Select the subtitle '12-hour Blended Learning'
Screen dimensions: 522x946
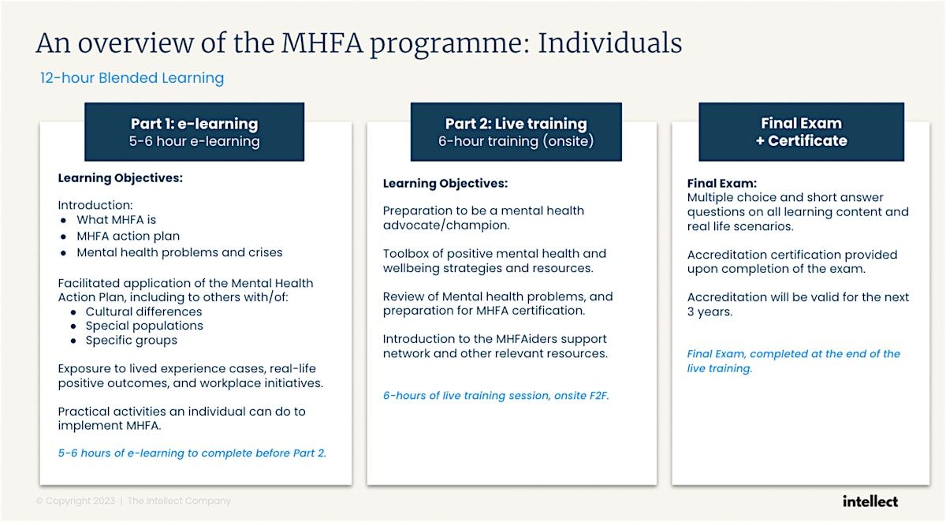(132, 78)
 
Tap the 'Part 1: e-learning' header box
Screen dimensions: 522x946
(194, 132)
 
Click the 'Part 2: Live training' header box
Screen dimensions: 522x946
(516, 132)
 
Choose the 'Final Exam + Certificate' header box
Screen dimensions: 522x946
(801, 132)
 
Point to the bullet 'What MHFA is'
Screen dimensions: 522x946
(116, 220)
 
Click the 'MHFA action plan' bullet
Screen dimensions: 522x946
(128, 237)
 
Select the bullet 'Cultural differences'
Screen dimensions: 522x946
(143, 311)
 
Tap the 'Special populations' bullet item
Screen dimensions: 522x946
(144, 326)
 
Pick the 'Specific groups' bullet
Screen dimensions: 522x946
(131, 341)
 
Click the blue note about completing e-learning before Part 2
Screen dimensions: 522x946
(192, 453)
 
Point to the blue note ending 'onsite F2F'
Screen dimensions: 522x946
(496, 396)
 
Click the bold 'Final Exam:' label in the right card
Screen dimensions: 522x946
(722, 184)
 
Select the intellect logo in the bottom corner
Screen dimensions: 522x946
(870, 501)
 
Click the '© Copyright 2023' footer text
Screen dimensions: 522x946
(76, 501)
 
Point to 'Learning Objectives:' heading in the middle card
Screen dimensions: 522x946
(445, 184)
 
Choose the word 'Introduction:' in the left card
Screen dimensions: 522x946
(95, 205)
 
